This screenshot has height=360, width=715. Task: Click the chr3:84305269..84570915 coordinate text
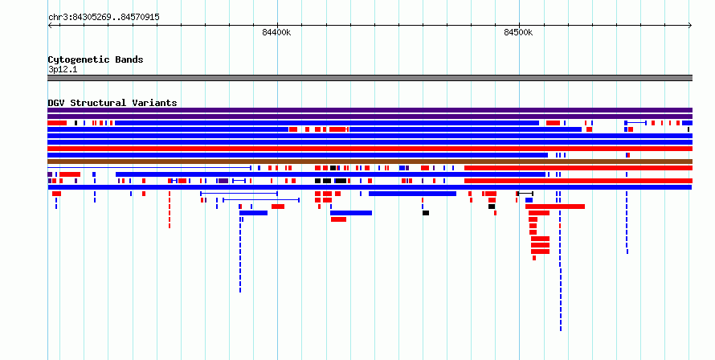pyautogui.click(x=104, y=18)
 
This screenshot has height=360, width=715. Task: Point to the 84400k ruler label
pyautogui.click(x=276, y=32)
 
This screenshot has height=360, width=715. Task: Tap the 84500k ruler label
pyautogui.click(x=518, y=32)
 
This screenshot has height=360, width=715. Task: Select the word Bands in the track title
pyautogui.click(x=129, y=59)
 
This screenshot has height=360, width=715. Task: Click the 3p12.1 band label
pyautogui.click(x=63, y=70)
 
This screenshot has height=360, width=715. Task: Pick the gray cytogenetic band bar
pyautogui.click(x=370, y=78)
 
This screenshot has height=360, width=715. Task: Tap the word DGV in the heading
pyautogui.click(x=56, y=103)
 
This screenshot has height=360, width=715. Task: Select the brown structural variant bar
pyautogui.click(x=370, y=162)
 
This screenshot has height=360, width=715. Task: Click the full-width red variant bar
pyautogui.click(x=370, y=149)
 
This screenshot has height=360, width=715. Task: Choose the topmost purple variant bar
pyautogui.click(x=370, y=110)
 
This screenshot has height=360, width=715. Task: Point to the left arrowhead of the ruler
pyautogui.click(x=49, y=26)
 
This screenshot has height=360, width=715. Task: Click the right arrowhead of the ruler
pyautogui.click(x=690, y=26)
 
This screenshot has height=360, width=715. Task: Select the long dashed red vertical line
pyautogui.click(x=170, y=210)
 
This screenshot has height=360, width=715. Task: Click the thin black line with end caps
pyautogui.click(x=525, y=194)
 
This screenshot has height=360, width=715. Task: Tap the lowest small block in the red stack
pyautogui.click(x=534, y=258)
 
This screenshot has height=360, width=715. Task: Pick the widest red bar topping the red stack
pyautogui.click(x=555, y=207)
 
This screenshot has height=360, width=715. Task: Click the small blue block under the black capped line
pyautogui.click(x=529, y=200)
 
